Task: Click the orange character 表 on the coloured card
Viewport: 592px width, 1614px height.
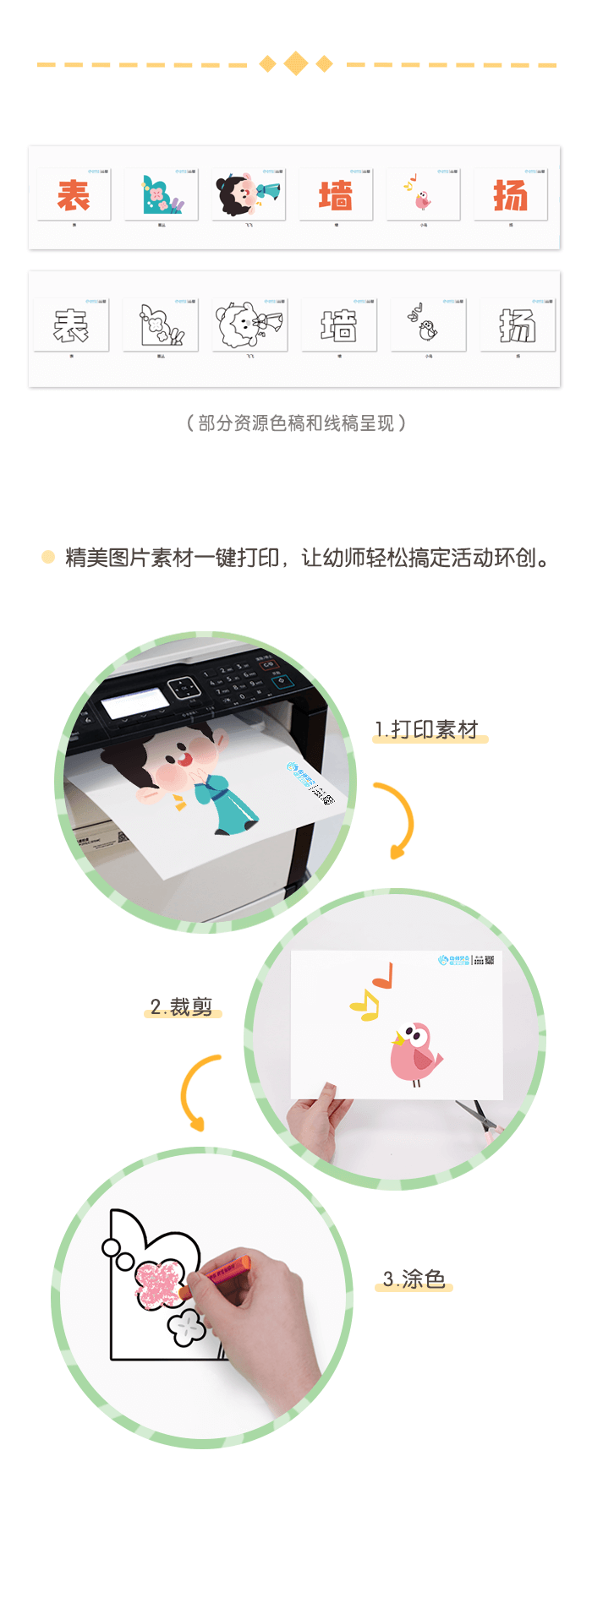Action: [74, 196]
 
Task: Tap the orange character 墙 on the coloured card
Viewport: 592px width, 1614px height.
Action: [336, 196]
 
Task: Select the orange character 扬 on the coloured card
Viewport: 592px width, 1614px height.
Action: [511, 196]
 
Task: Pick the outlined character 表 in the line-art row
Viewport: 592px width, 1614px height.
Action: [71, 325]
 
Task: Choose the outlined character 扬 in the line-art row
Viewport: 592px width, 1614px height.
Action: [517, 325]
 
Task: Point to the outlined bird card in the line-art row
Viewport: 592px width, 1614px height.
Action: [427, 325]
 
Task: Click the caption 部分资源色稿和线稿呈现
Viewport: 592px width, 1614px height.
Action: [296, 423]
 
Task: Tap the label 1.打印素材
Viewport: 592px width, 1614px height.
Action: [428, 729]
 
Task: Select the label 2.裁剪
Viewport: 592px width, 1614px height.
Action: [182, 1006]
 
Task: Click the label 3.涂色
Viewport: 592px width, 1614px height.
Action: [414, 1279]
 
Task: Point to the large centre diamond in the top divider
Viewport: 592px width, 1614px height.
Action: [296, 63]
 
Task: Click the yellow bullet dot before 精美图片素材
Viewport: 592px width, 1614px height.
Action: [48, 557]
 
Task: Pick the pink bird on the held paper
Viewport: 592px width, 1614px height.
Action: [414, 1052]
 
